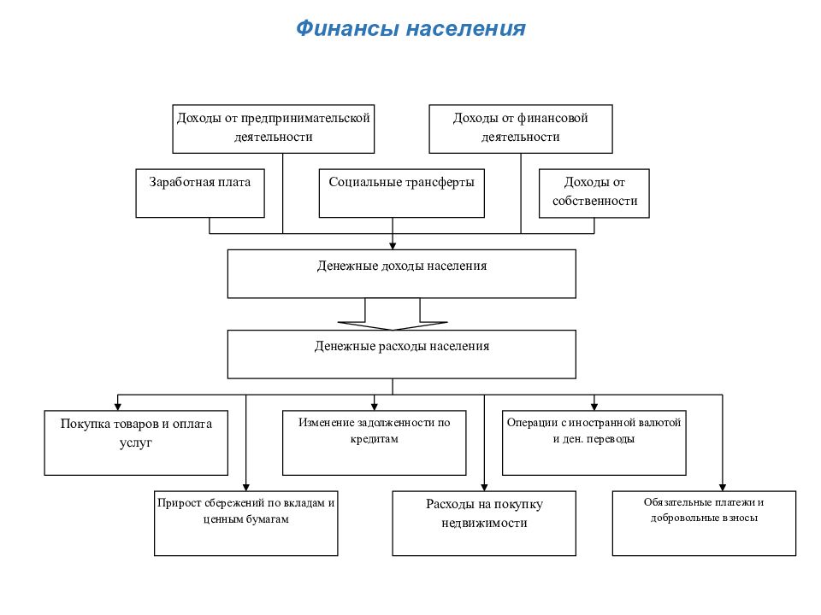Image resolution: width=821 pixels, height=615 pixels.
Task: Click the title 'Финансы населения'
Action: (410, 28)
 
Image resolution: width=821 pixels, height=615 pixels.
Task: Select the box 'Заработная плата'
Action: (200, 193)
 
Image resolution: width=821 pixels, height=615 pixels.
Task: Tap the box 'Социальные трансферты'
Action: (402, 193)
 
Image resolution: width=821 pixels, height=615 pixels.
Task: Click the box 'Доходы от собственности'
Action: (594, 193)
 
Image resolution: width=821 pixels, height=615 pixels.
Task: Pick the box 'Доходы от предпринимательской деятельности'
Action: (274, 129)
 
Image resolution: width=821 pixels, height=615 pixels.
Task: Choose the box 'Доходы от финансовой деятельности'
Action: (521, 129)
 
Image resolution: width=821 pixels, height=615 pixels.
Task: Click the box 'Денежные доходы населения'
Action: (402, 273)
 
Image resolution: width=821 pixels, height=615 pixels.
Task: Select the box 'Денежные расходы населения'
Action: (402, 354)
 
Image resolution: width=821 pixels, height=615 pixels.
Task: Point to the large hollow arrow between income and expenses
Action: (393, 314)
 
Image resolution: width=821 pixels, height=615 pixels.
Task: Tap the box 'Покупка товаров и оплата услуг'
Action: (136, 443)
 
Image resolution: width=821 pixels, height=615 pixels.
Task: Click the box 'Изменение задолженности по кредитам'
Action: (375, 443)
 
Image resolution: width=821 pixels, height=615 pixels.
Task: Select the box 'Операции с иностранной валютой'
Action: (594, 443)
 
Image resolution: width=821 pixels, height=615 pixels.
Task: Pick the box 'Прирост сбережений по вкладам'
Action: (246, 523)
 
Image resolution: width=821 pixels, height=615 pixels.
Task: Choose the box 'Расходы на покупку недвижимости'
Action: (484, 523)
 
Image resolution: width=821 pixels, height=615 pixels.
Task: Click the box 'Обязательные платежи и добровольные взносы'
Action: (704, 523)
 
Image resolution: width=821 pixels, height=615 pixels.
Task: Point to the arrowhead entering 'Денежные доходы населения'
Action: (393, 246)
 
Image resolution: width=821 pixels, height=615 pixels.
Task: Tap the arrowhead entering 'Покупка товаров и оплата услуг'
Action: (118, 407)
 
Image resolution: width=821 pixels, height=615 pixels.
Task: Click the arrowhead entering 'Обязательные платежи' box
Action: (723, 487)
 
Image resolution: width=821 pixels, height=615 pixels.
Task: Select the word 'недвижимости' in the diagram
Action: (484, 523)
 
